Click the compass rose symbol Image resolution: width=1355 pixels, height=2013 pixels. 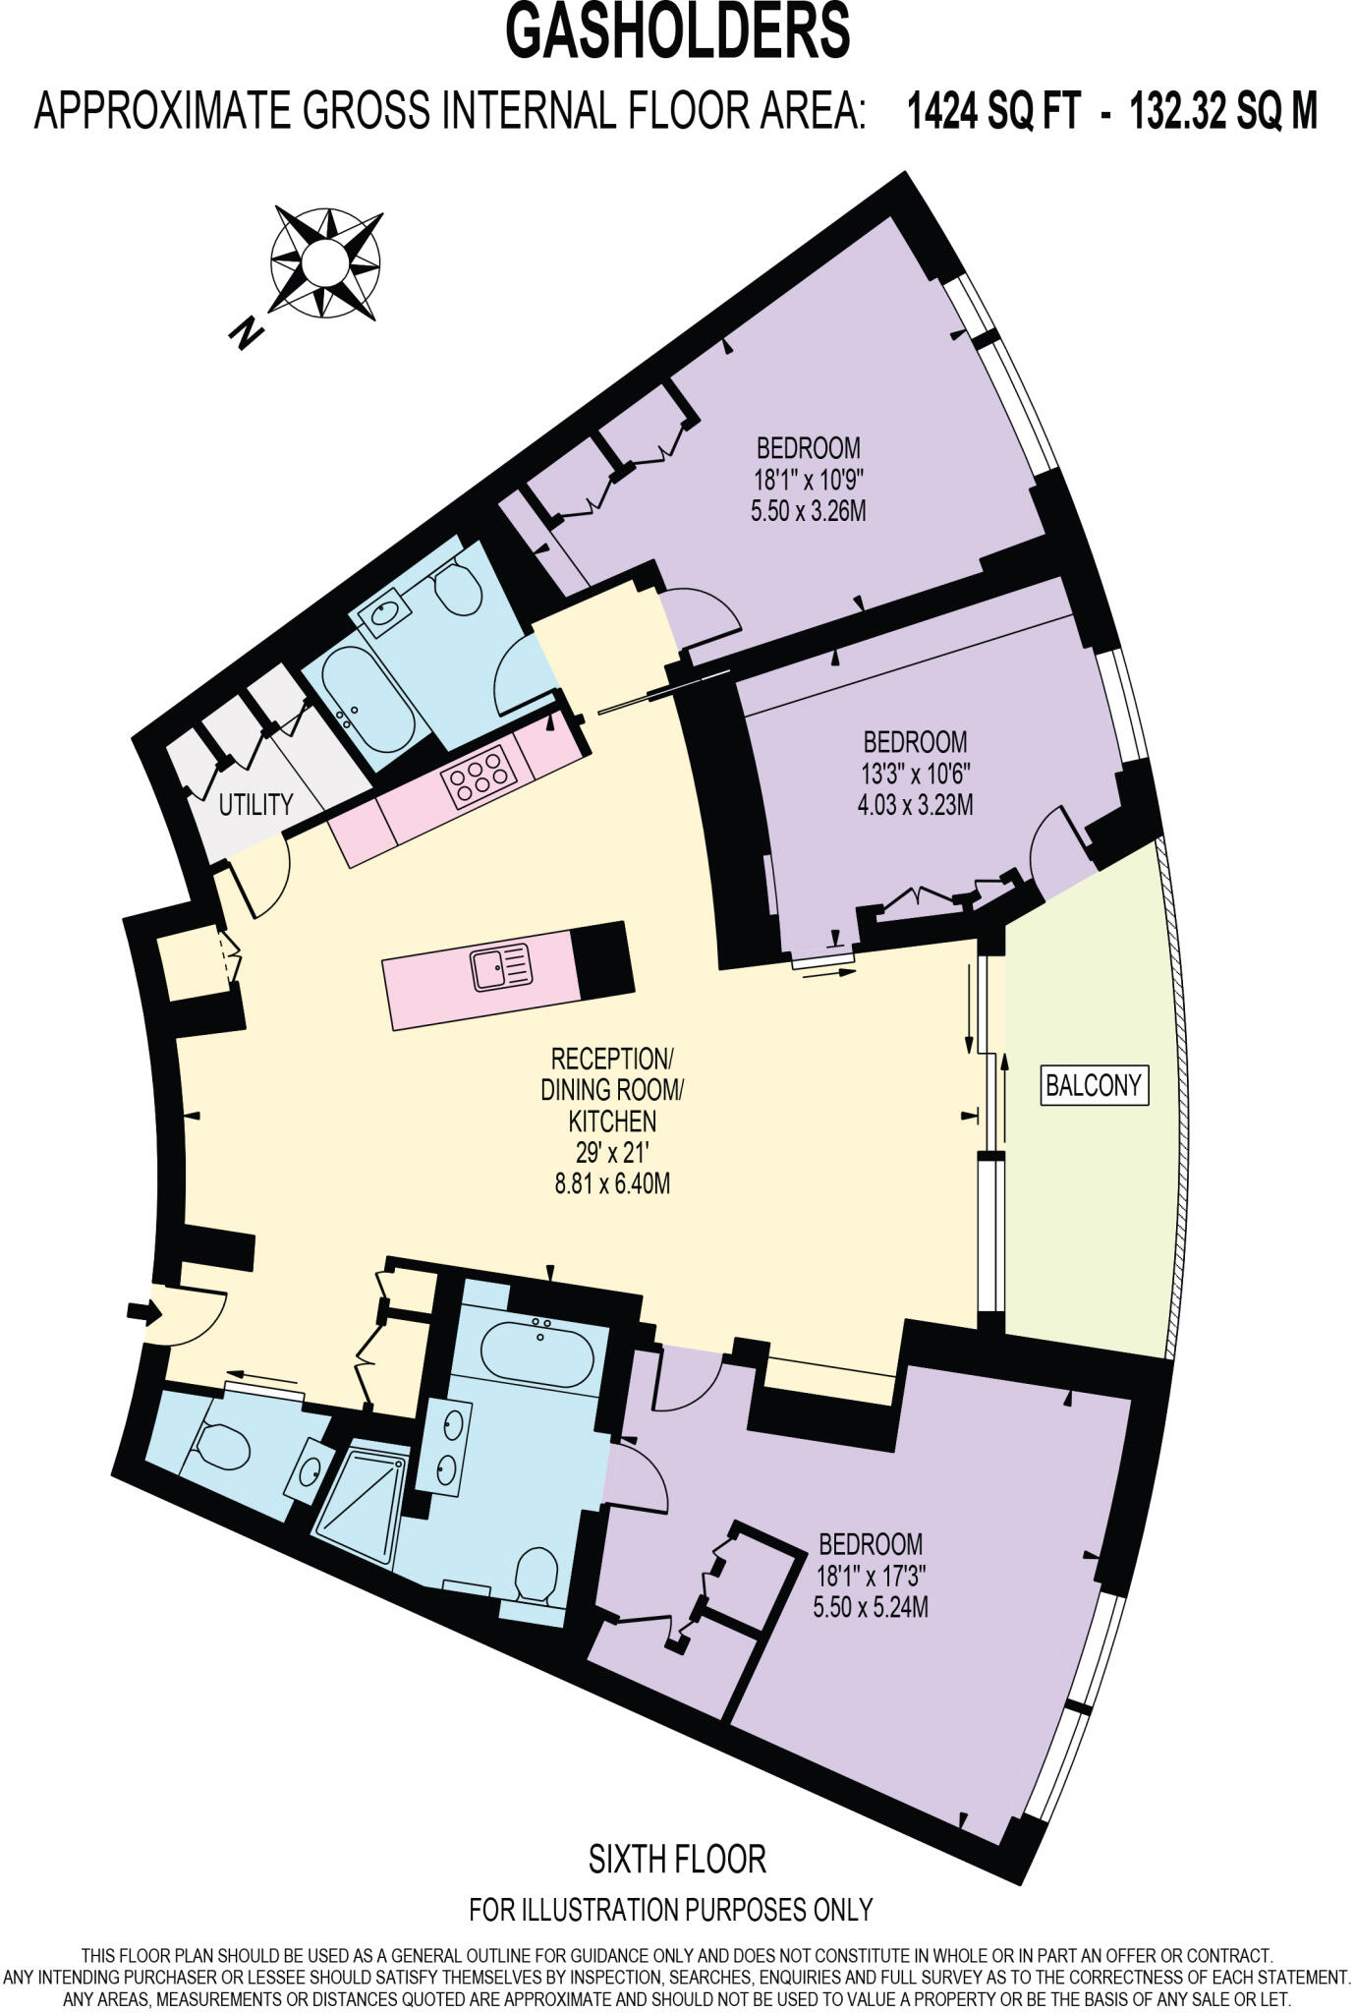324,263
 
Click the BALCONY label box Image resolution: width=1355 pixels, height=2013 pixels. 1095,1085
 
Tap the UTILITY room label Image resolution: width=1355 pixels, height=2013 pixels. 255,805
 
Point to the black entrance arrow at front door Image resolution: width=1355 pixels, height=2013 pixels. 142,1311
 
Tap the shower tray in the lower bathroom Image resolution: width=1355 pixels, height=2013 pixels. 361,1501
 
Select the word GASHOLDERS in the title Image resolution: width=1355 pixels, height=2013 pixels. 677,31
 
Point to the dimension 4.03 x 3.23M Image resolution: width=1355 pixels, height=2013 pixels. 915,805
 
